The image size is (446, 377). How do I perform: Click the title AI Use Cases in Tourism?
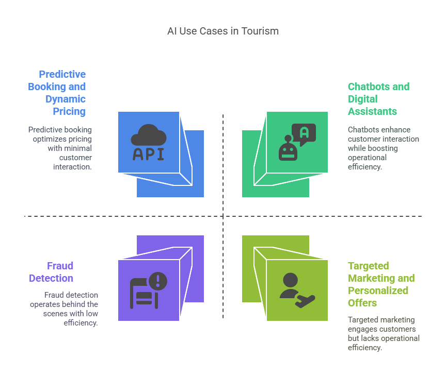point(223,31)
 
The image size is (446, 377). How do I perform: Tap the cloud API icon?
point(149,142)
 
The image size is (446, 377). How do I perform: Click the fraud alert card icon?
point(149,290)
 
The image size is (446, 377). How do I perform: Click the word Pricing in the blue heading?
point(69,112)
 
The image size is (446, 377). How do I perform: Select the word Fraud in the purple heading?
point(60,266)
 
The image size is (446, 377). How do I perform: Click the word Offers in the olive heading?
point(362,303)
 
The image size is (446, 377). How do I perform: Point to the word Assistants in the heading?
point(372,111)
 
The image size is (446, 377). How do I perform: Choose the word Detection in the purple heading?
point(51,278)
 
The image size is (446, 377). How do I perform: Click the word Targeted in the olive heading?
point(369,266)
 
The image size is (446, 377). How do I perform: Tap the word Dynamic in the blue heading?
point(66,99)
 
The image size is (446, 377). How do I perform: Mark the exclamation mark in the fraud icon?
point(158,281)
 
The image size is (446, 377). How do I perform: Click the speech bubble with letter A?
point(304,134)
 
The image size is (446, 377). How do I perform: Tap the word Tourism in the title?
point(260,31)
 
